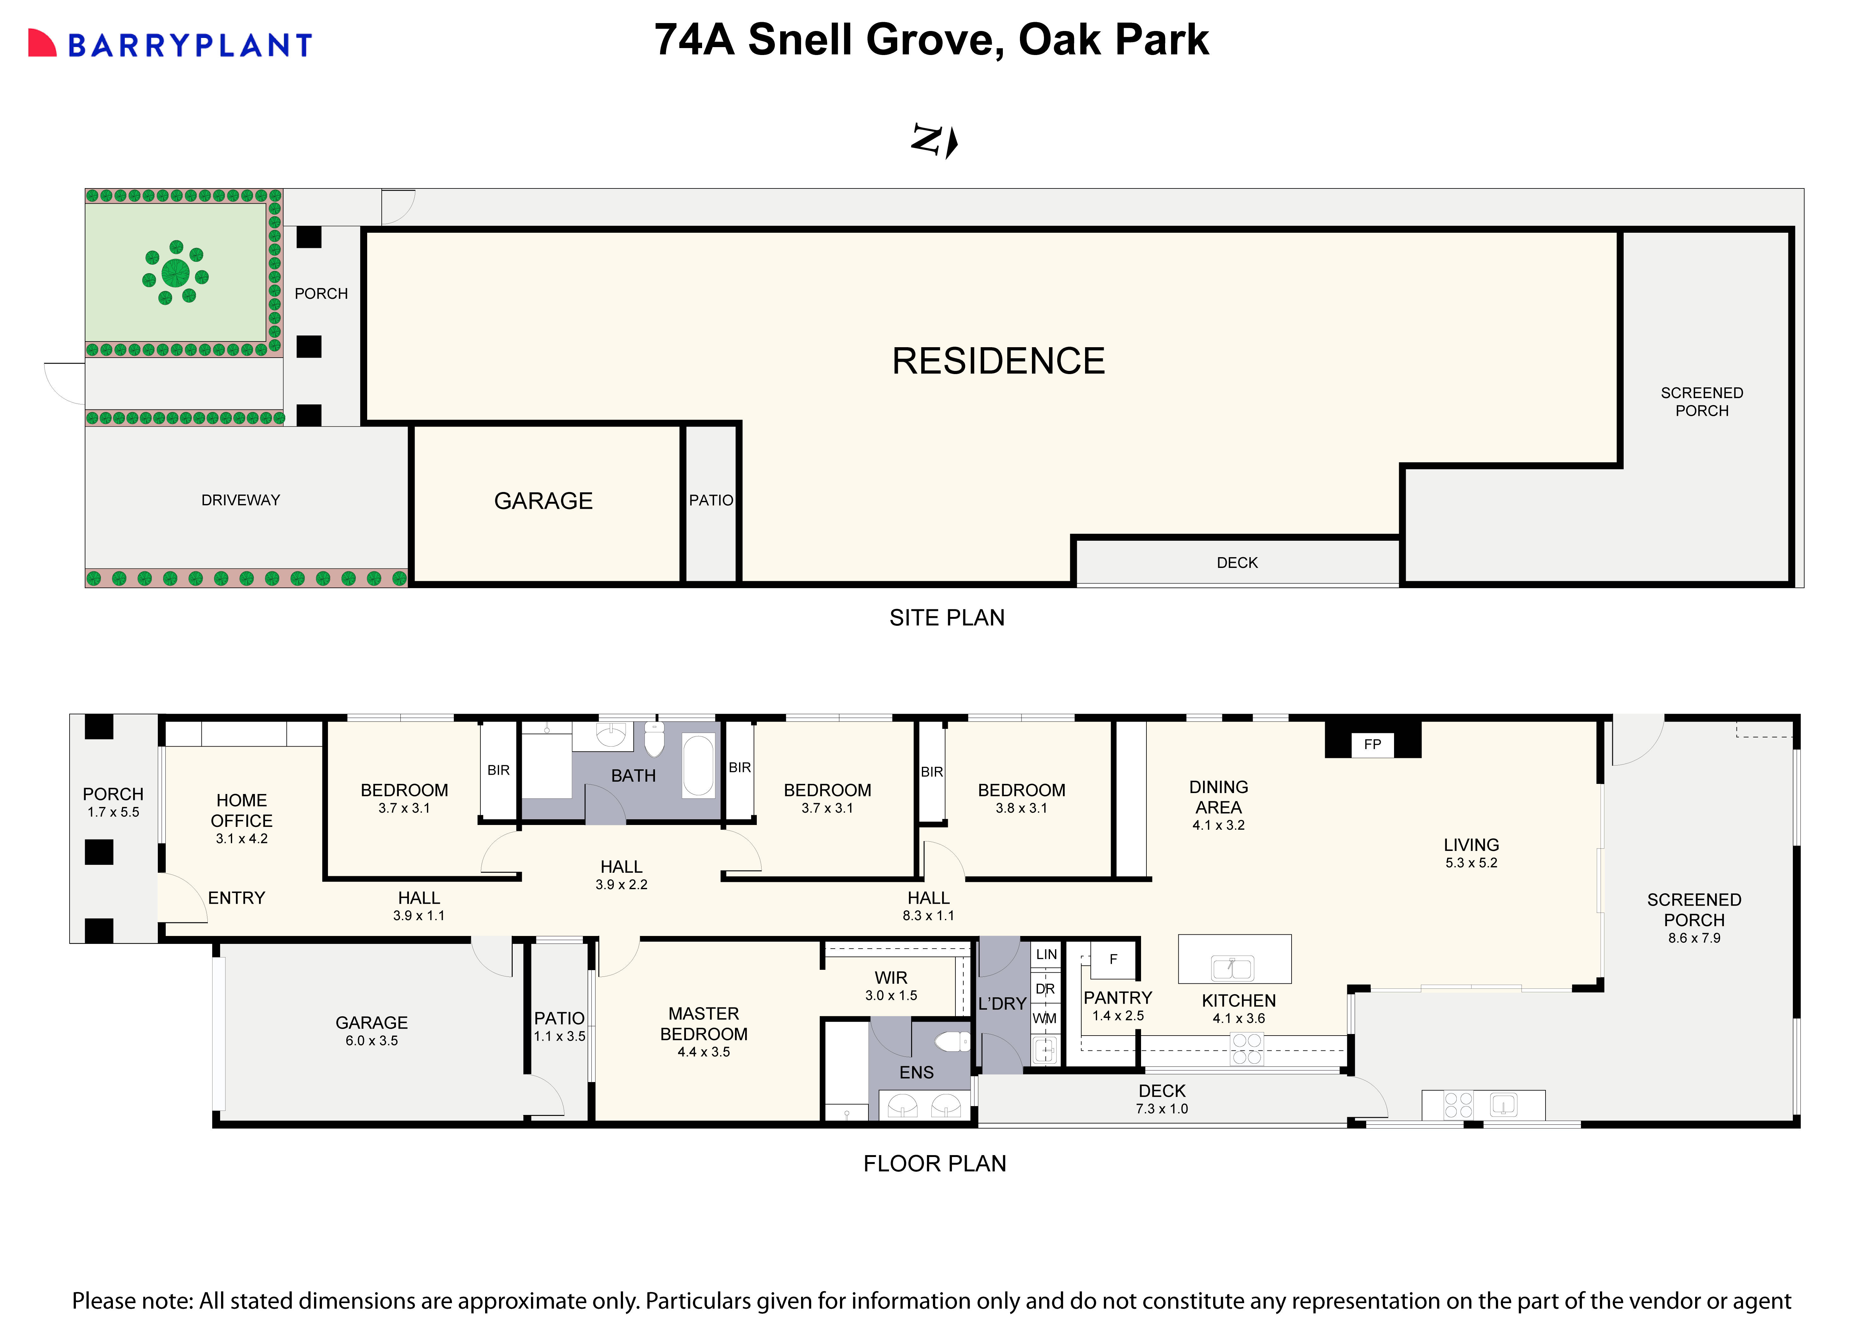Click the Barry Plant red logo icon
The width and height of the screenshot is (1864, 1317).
coord(42,44)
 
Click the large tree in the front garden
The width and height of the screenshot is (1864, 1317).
coord(175,273)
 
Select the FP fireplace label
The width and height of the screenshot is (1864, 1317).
coord(1372,745)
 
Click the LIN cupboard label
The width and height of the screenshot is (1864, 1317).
coord(1046,955)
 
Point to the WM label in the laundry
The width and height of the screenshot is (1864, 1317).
coord(1045,1018)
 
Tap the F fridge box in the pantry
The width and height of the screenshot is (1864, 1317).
coord(1113,960)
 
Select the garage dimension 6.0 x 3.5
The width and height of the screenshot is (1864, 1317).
coord(372,1041)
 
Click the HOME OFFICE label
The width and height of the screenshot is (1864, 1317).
coord(241,810)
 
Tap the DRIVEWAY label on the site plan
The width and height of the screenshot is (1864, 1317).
coord(240,500)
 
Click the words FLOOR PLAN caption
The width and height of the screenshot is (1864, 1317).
coord(935,1164)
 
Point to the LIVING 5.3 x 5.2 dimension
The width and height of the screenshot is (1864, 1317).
coord(1471,863)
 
